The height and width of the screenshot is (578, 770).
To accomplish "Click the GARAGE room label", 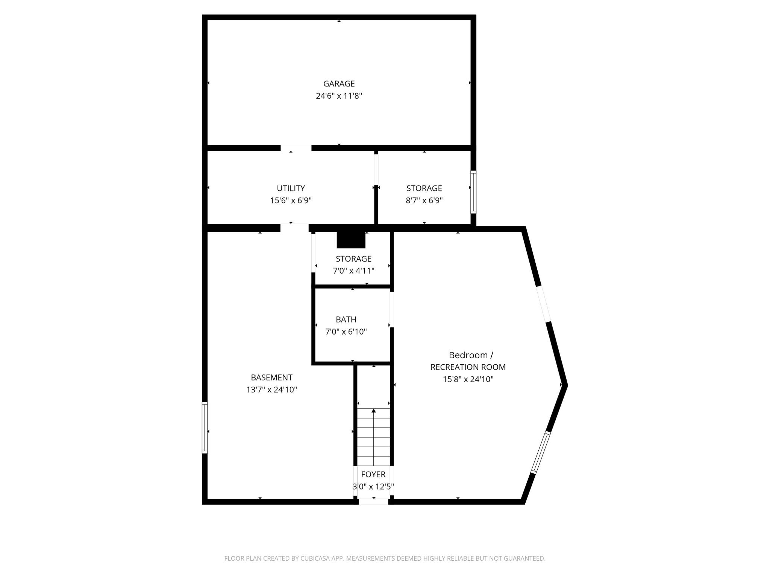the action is (339, 84).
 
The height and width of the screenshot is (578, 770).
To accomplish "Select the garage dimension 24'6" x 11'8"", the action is (339, 96).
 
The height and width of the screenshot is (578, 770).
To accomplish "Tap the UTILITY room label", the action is (291, 188).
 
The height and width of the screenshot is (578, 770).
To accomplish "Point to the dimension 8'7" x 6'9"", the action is (424, 200).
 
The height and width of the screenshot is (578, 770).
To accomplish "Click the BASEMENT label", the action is (271, 377).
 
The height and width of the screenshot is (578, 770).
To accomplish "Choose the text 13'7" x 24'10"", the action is (271, 389).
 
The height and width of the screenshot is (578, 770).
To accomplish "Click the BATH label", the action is (346, 319).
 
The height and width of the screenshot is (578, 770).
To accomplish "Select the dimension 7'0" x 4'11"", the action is (353, 271).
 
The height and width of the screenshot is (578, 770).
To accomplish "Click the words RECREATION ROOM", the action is (468, 367).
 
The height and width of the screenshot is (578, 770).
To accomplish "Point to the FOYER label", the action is (373, 475).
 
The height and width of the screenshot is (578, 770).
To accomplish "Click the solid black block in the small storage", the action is (351, 240).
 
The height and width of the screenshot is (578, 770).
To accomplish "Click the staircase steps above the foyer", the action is (373, 437).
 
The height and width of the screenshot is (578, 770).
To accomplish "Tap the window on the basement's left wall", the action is (205, 427).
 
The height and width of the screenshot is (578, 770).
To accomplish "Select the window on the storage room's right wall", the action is (473, 192).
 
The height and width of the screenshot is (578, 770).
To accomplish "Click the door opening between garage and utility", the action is (296, 148).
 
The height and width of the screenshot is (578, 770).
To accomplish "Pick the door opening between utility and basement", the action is (294, 228).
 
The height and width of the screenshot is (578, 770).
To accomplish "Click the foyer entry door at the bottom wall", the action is (373, 501).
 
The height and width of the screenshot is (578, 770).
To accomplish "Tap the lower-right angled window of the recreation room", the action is (541, 452).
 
